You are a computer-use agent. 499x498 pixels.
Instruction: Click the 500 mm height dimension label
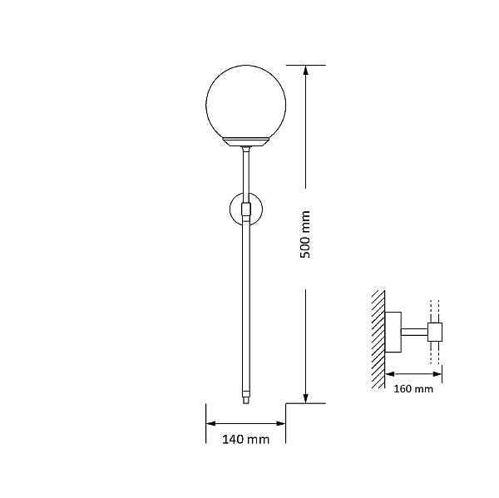point(305,234)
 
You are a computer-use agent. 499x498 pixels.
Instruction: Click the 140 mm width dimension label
point(245,440)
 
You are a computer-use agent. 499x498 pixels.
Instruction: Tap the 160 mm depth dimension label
point(413,389)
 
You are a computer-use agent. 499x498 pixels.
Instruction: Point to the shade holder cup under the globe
point(245,142)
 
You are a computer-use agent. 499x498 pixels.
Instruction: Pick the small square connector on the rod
point(246,209)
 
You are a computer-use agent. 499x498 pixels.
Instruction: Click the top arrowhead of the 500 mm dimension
point(305,71)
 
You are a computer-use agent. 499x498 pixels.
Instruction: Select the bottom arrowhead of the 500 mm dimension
point(305,398)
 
